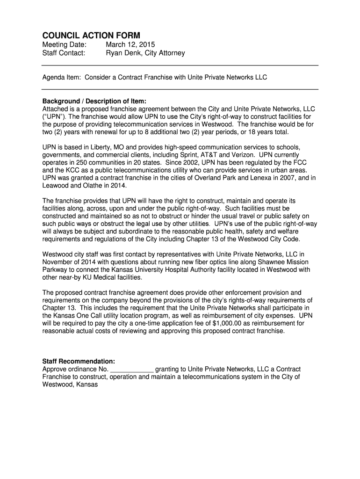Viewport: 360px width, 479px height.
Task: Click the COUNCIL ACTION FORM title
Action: [91, 36]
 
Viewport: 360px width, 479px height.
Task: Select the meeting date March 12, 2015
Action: [130, 45]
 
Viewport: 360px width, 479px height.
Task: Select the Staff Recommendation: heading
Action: [79, 362]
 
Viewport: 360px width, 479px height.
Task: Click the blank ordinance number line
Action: [131, 369]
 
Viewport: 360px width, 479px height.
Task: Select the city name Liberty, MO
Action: [102, 147]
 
